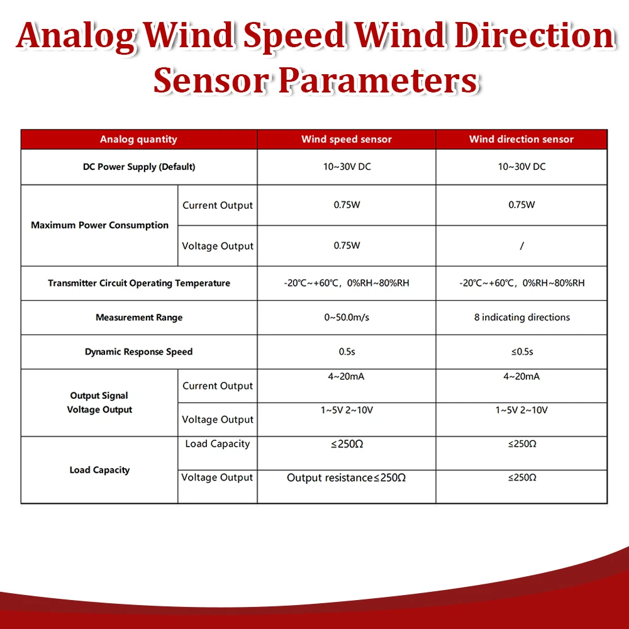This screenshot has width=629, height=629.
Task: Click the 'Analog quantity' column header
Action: click(x=138, y=140)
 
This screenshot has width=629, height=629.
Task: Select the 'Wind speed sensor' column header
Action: click(x=347, y=140)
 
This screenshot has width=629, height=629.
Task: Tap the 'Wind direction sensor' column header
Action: click(x=521, y=140)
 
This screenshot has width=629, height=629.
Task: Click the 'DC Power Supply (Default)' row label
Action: click(x=139, y=167)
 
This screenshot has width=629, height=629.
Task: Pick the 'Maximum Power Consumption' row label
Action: click(x=100, y=225)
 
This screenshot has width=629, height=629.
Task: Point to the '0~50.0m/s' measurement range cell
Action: click(x=347, y=318)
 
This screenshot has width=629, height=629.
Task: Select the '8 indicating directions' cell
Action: click(x=522, y=318)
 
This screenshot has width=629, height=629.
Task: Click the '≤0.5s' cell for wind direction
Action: click(x=522, y=352)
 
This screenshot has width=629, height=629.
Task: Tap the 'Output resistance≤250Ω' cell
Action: click(x=347, y=478)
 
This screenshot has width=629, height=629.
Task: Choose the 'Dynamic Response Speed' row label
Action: click(x=139, y=352)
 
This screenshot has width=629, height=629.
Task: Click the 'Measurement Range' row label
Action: click(x=139, y=318)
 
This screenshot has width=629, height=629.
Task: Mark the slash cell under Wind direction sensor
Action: click(x=522, y=246)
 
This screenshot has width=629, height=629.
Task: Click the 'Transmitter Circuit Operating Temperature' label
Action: click(x=139, y=283)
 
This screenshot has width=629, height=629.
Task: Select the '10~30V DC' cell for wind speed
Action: click(x=347, y=167)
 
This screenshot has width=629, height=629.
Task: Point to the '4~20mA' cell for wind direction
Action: click(x=522, y=377)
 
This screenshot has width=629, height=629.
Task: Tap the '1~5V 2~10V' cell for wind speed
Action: click(x=347, y=410)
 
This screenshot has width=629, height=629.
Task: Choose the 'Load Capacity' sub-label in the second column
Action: click(x=218, y=444)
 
